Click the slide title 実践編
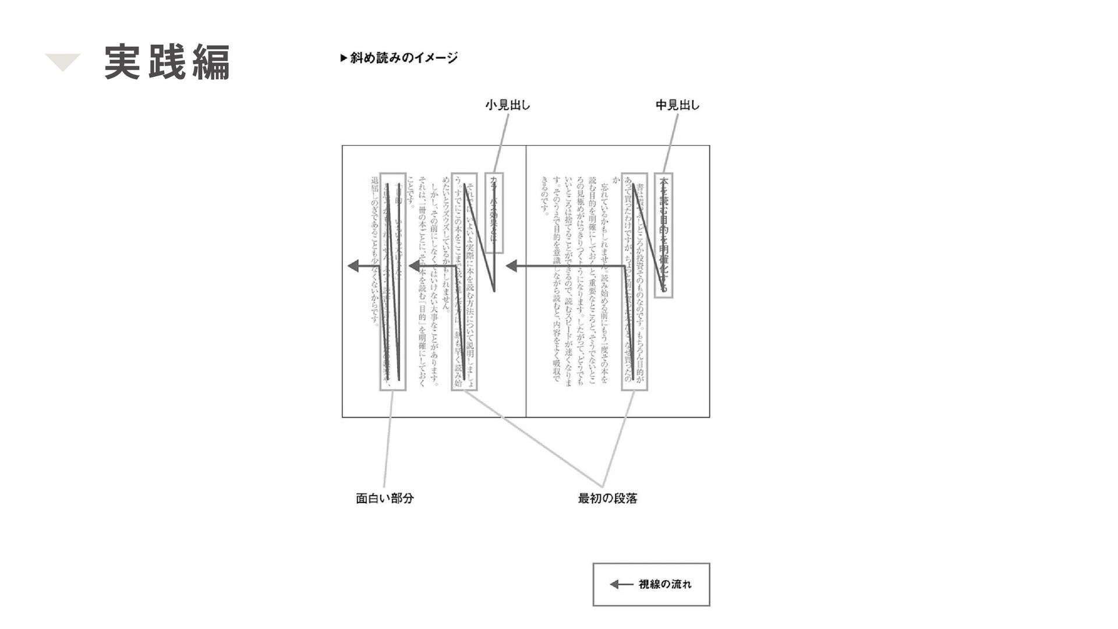pyautogui.click(x=167, y=62)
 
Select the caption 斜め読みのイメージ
pyautogui.click(x=404, y=58)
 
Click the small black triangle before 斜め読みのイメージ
pyautogui.click(x=344, y=58)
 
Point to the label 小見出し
pyautogui.click(x=507, y=105)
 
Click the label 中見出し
pyautogui.click(x=677, y=105)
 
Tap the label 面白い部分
pyautogui.click(x=384, y=499)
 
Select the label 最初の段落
pyautogui.click(x=607, y=499)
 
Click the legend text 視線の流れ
pyautogui.click(x=664, y=584)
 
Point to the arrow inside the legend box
pyautogui.click(x=621, y=584)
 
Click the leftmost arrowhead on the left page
pyautogui.click(x=353, y=266)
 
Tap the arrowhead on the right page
pyautogui.click(x=512, y=266)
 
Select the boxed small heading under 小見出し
pyautogui.click(x=495, y=213)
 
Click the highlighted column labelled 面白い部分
pyautogui.click(x=392, y=282)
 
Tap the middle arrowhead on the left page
pyautogui.click(x=415, y=266)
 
